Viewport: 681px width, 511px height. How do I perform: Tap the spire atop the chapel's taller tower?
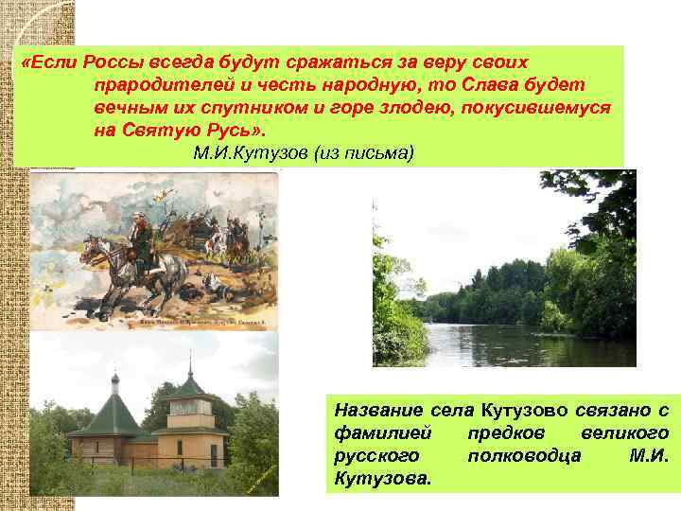190,363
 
